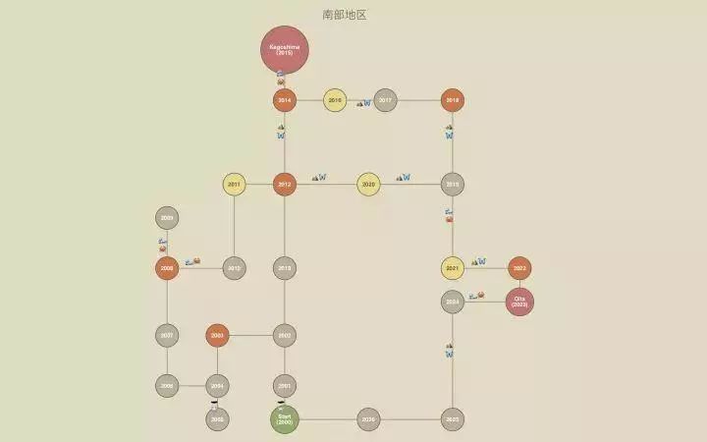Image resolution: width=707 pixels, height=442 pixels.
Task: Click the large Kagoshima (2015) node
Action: [x=285, y=49]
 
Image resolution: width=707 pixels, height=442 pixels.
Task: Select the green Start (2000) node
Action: [x=285, y=419]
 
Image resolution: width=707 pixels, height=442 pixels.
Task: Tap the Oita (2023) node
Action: [x=519, y=302]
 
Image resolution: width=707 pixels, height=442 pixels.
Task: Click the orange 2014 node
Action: [x=285, y=100]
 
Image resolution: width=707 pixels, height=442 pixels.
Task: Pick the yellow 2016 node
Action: [x=335, y=100]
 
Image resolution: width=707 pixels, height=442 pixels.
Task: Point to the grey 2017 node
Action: [x=385, y=100]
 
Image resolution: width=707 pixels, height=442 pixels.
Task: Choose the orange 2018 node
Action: [x=452, y=100]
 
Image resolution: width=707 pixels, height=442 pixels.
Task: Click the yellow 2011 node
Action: [x=234, y=184]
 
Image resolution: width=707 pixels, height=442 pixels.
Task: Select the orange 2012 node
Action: [x=285, y=184]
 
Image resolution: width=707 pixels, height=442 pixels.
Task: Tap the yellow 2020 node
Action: [x=368, y=184]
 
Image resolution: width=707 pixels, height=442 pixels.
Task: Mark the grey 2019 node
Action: [x=452, y=184]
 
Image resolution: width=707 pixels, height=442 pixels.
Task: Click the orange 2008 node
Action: [x=167, y=268]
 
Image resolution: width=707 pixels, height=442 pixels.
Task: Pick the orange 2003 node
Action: [x=217, y=335]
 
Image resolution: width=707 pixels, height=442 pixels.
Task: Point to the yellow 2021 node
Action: [x=452, y=268]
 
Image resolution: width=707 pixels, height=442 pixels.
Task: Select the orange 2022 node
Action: [x=519, y=268]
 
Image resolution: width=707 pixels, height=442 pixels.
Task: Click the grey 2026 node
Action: [x=368, y=419]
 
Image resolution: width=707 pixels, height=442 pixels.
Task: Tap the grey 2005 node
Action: [x=217, y=419]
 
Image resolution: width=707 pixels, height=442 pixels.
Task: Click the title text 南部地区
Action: [x=345, y=15]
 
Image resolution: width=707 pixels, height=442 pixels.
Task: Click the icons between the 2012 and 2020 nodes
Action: [x=319, y=178]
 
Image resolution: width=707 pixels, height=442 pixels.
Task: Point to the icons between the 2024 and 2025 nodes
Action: [x=449, y=350]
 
